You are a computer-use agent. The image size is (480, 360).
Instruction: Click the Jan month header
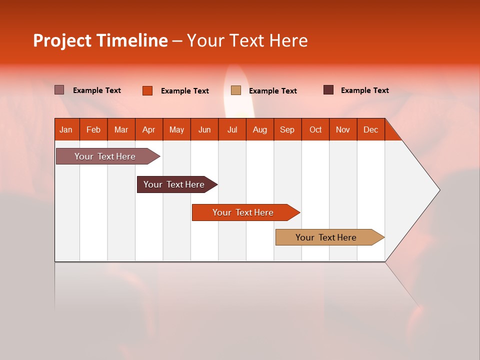point(66,129)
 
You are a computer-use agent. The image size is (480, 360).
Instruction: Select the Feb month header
point(93,129)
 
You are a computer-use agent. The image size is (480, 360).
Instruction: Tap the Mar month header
point(121,129)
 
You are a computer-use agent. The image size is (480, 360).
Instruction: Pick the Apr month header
point(149,129)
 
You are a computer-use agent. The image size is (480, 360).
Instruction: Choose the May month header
point(176,129)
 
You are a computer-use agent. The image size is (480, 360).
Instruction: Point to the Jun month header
point(204,129)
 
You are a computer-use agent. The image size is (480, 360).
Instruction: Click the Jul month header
point(232,129)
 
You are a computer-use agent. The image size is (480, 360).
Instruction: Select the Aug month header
point(260,129)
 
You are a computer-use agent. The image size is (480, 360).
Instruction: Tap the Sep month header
point(287,129)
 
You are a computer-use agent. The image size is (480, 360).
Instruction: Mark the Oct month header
point(315,129)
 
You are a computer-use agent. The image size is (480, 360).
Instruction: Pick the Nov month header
point(343,129)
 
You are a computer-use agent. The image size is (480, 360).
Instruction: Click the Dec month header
point(370,129)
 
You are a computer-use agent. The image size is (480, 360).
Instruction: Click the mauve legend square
point(59,90)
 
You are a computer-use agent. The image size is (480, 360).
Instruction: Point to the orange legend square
point(147,90)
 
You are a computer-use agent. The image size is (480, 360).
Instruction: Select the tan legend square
point(236,90)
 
